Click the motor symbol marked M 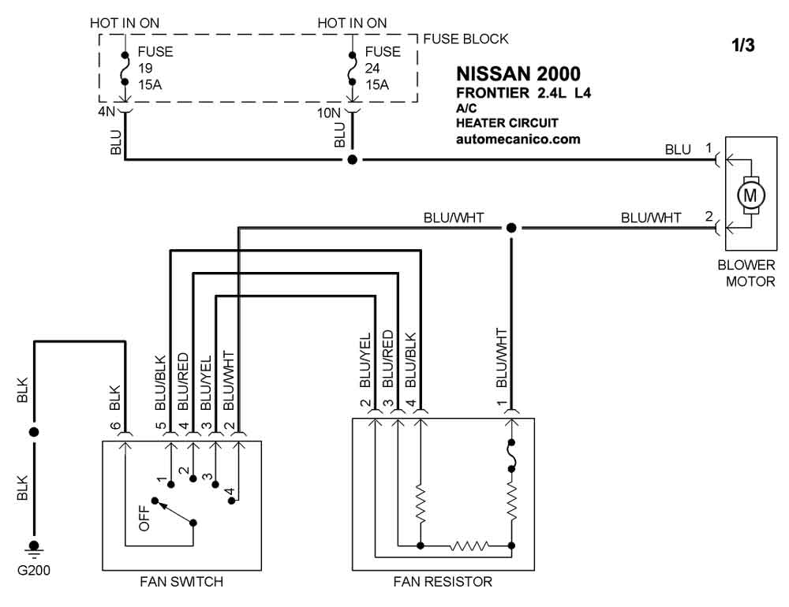[x=750, y=196]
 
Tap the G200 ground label [x=34, y=570]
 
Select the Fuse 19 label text [x=155, y=69]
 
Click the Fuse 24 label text [x=383, y=69]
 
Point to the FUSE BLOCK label [x=466, y=39]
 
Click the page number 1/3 [x=742, y=45]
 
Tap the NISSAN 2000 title [x=518, y=74]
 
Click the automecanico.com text [x=518, y=140]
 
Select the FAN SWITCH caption [x=181, y=582]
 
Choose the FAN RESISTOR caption [x=443, y=582]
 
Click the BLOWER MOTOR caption [x=746, y=273]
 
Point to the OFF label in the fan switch [x=144, y=518]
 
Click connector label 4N [x=107, y=112]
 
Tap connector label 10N [x=328, y=114]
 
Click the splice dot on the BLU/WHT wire [x=511, y=228]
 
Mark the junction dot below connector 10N [x=352, y=159]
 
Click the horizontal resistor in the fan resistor [x=469, y=546]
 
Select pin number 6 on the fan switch [x=115, y=426]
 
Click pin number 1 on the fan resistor [x=501, y=403]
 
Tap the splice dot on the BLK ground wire [x=34, y=432]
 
